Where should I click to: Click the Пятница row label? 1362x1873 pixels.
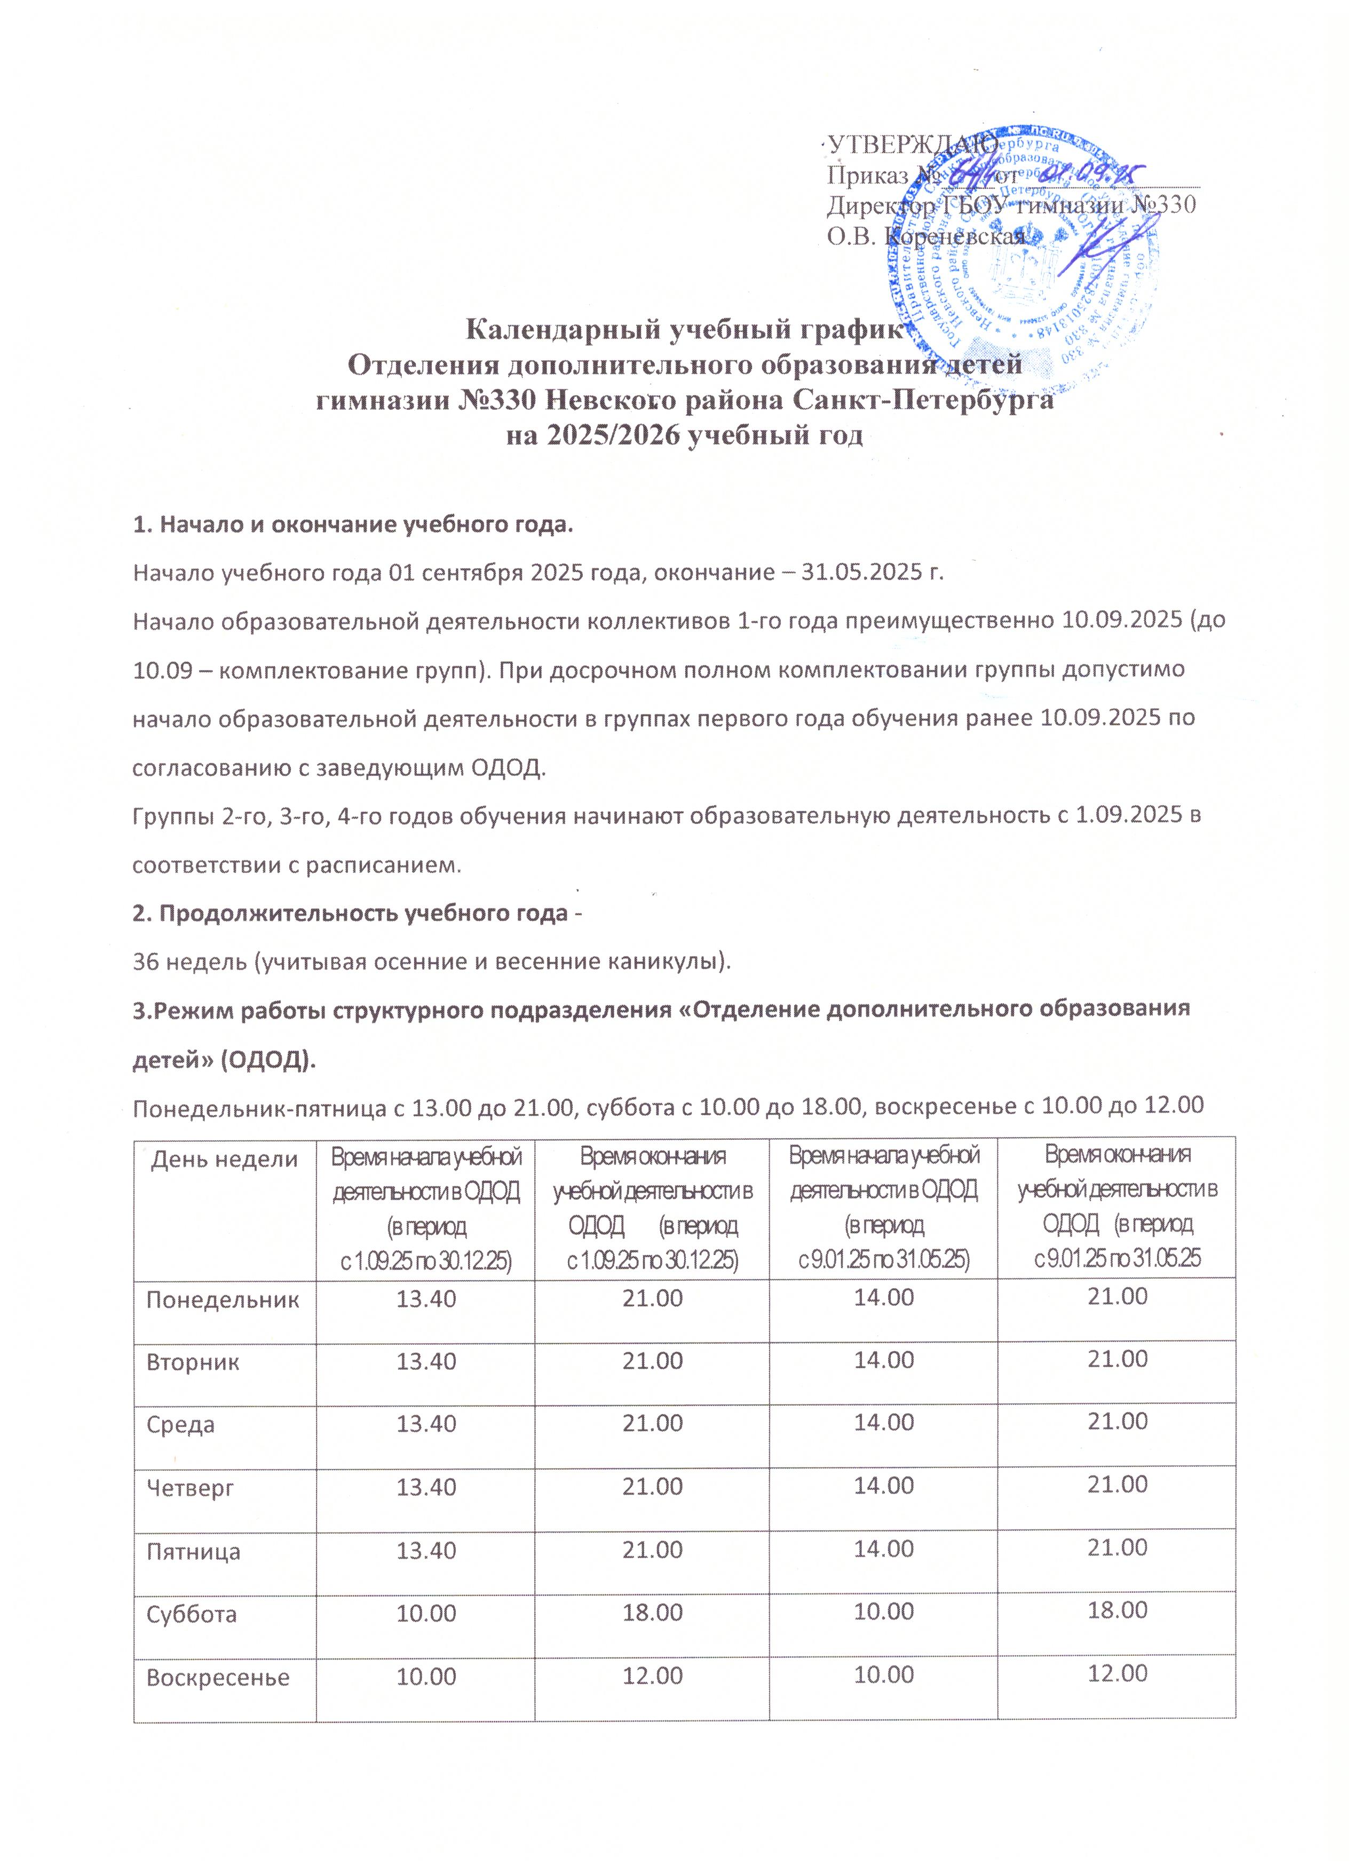pyautogui.click(x=193, y=1551)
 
